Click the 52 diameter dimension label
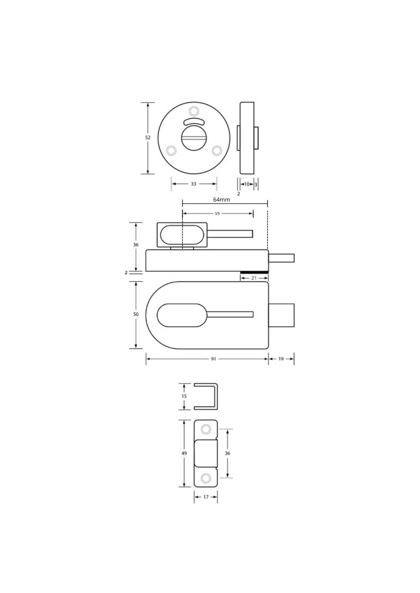pos(148,138)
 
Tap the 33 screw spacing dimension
pos(193,184)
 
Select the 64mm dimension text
pos(222,200)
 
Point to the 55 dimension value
pos(217,213)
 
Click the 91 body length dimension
pos(213,359)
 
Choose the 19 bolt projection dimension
pos(281,359)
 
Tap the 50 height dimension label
pos(136,314)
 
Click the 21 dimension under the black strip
pos(254,278)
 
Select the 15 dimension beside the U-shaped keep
pos(184,396)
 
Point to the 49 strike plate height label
pos(184,453)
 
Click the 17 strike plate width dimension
pos(206,497)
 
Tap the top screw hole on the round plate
pos(194,111)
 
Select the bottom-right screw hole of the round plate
pos(217,151)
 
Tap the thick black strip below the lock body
pos(254,272)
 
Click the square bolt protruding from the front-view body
pos(281,315)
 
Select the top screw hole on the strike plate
pos(206,429)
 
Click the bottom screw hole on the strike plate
pos(206,478)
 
